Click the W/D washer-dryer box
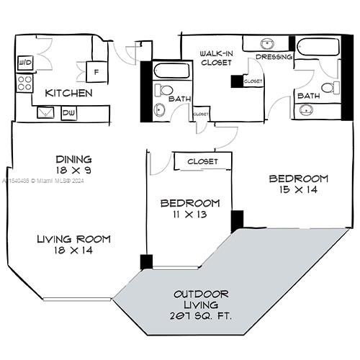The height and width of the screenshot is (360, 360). coord(25,63)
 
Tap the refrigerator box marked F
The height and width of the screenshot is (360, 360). coord(96,72)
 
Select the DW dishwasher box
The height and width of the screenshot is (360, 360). coord(69,112)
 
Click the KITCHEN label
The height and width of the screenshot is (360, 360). coord(68,94)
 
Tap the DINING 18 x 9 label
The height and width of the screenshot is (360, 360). coord(74,164)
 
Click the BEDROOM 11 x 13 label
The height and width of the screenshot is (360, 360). coord(189,209)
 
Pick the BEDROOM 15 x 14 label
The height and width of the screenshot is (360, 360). coord(298,184)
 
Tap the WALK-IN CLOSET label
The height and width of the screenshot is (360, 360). coord(215,58)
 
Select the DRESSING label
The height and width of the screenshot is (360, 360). coord(274,57)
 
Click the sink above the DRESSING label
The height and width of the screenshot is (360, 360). coord(266,42)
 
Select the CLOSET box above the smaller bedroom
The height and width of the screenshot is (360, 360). coord(202,162)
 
